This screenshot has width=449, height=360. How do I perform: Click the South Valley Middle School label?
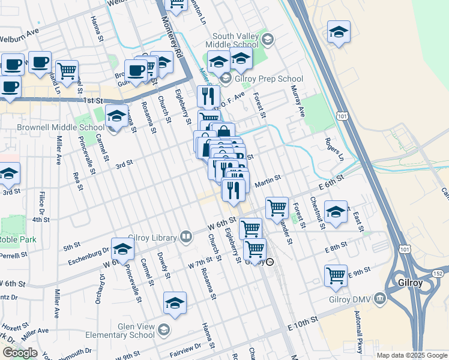(232, 40)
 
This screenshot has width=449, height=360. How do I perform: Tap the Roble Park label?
(18, 239)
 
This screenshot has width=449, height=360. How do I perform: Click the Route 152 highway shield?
(436, 274)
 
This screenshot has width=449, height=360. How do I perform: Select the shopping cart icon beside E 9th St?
(336, 275)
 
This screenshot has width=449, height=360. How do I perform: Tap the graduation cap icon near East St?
(336, 212)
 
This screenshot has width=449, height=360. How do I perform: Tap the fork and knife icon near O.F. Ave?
(208, 95)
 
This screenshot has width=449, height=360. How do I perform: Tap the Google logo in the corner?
(20, 353)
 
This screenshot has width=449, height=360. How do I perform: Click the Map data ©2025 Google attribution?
(411, 355)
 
